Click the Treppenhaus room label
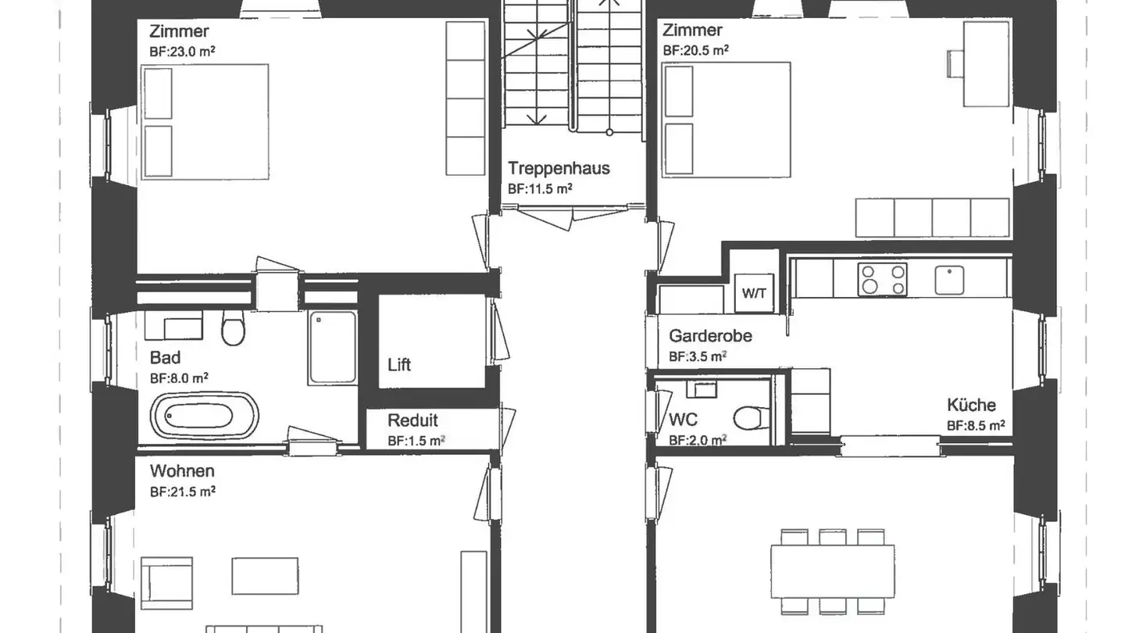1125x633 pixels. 559,168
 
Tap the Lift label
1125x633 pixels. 399,365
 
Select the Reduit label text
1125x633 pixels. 412,421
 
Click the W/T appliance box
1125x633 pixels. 754,294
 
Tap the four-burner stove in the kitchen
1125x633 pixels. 883,280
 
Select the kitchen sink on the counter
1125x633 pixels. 949,280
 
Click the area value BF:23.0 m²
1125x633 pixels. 182,51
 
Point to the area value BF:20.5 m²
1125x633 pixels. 695,49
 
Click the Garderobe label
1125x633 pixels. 710,336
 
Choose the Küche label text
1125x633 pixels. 971,405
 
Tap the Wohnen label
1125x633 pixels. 182,471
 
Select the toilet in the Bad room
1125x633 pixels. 233,328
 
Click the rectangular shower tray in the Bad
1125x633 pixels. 333,347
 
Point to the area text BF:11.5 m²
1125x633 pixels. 540,188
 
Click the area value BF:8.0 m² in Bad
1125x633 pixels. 179,377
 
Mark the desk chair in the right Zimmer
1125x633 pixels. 955,63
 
